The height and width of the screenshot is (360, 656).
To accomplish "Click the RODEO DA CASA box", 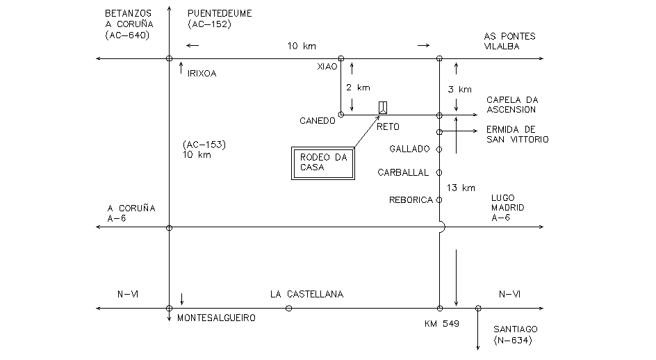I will tap(323, 164).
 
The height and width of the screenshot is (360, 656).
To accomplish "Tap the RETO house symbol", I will tap(383, 107).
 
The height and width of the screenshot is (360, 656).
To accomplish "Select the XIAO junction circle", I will tap(341, 59).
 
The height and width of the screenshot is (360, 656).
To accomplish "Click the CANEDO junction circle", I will tap(341, 115).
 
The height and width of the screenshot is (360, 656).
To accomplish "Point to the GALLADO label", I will tap(409, 149).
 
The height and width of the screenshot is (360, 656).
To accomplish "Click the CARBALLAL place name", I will tap(403, 172).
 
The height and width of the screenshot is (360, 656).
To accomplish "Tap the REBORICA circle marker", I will tap(439, 200).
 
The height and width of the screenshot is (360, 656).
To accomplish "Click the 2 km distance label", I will tap(359, 88).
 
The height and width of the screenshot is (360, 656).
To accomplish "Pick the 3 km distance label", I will tap(460, 89).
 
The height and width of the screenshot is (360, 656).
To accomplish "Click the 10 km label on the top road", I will tap(302, 46).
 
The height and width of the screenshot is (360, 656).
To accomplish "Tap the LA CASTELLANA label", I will tap(306, 295).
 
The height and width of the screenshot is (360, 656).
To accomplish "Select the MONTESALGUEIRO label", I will tap(216, 318).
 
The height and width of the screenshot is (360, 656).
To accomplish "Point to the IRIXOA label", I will tap(202, 72).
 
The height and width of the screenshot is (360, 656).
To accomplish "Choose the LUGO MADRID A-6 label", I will tap(507, 208).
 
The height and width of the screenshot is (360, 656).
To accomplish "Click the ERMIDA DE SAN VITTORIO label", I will tap(517, 134).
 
